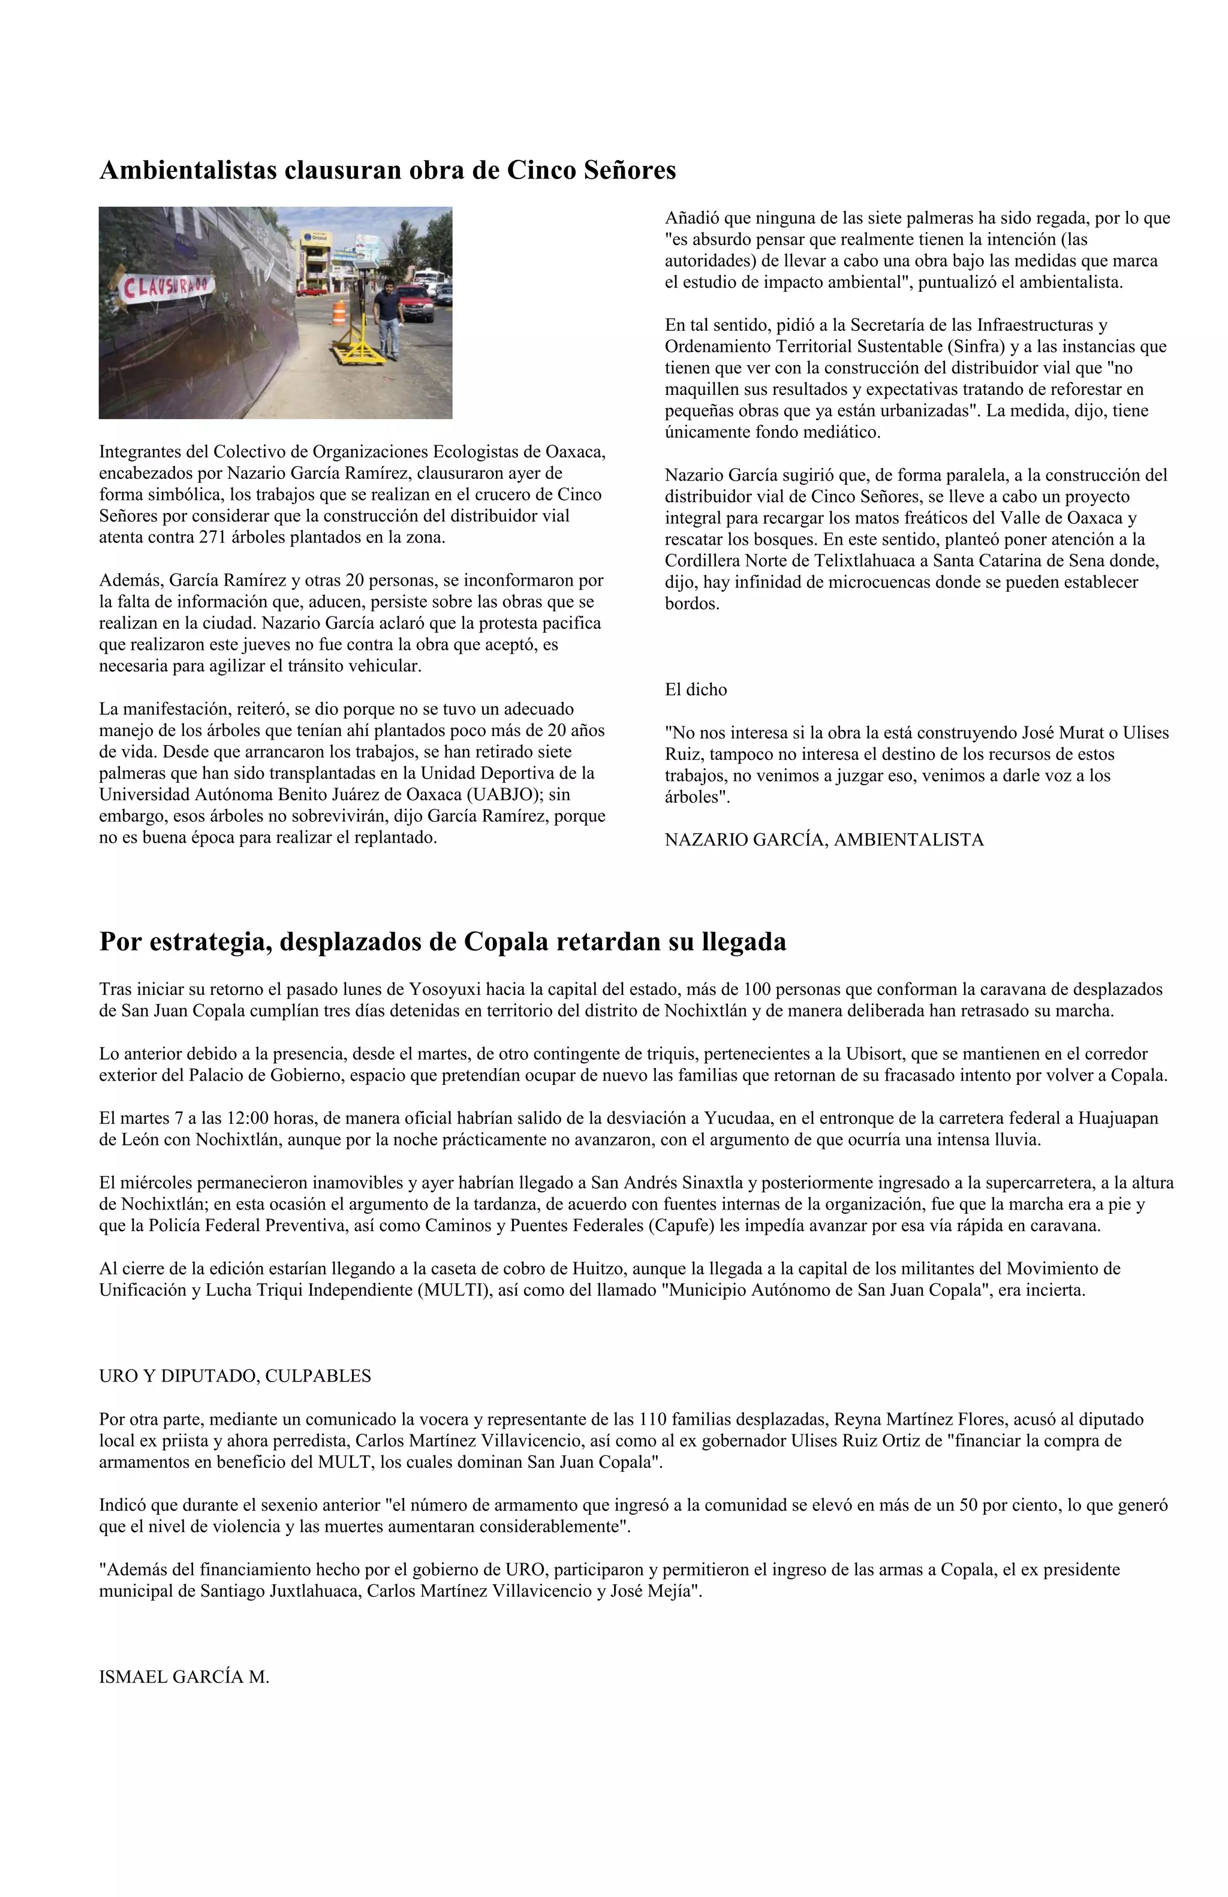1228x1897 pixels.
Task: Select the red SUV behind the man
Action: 416,304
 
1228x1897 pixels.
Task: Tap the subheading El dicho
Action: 696,689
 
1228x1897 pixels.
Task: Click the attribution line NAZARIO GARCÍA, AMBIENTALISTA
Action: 824,839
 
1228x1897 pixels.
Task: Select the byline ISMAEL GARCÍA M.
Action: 184,1677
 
